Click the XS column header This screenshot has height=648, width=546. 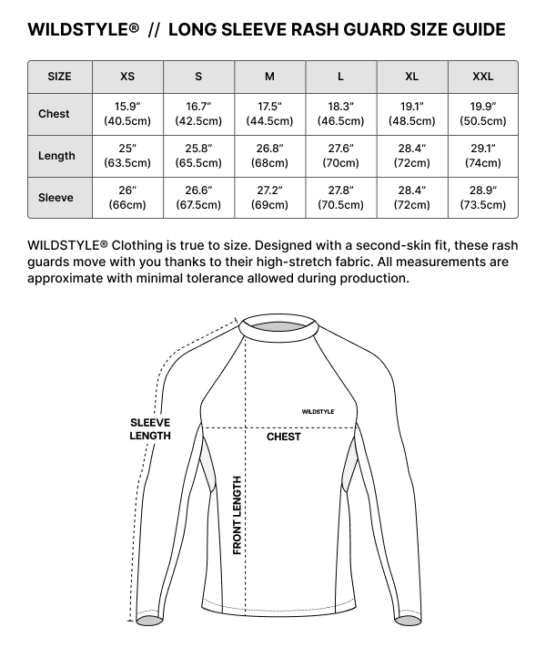[127, 77]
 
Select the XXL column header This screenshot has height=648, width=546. [482, 77]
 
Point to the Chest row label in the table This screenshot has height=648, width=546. [55, 114]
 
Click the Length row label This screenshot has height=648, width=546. [56, 156]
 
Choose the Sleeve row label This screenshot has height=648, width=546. [56, 198]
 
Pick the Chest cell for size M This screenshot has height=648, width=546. [269, 114]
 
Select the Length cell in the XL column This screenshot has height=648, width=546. [411, 156]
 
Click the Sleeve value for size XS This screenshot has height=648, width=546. [127, 198]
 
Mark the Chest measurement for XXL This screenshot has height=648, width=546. [482, 114]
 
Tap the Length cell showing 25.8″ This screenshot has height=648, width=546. [198, 156]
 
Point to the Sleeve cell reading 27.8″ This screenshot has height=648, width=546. [340, 198]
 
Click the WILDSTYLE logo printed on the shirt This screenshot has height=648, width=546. [318, 412]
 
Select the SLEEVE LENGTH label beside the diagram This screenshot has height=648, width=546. [150, 429]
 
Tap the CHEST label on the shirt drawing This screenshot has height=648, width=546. [284, 437]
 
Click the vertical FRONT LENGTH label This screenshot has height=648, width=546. [238, 515]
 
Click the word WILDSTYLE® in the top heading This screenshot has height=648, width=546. [84, 30]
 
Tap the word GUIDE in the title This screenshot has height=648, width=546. [478, 30]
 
